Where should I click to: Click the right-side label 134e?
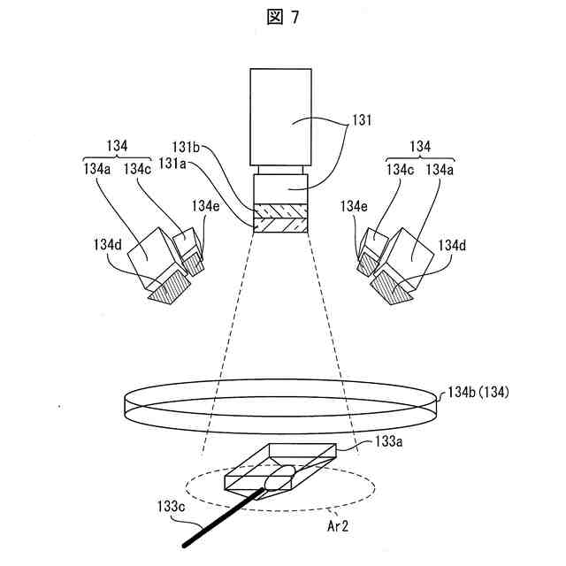point(354,205)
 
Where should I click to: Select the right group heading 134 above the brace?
point(423,146)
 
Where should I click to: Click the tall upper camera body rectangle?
point(279,115)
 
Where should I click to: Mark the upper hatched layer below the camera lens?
point(279,213)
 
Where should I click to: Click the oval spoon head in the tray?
point(281,478)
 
